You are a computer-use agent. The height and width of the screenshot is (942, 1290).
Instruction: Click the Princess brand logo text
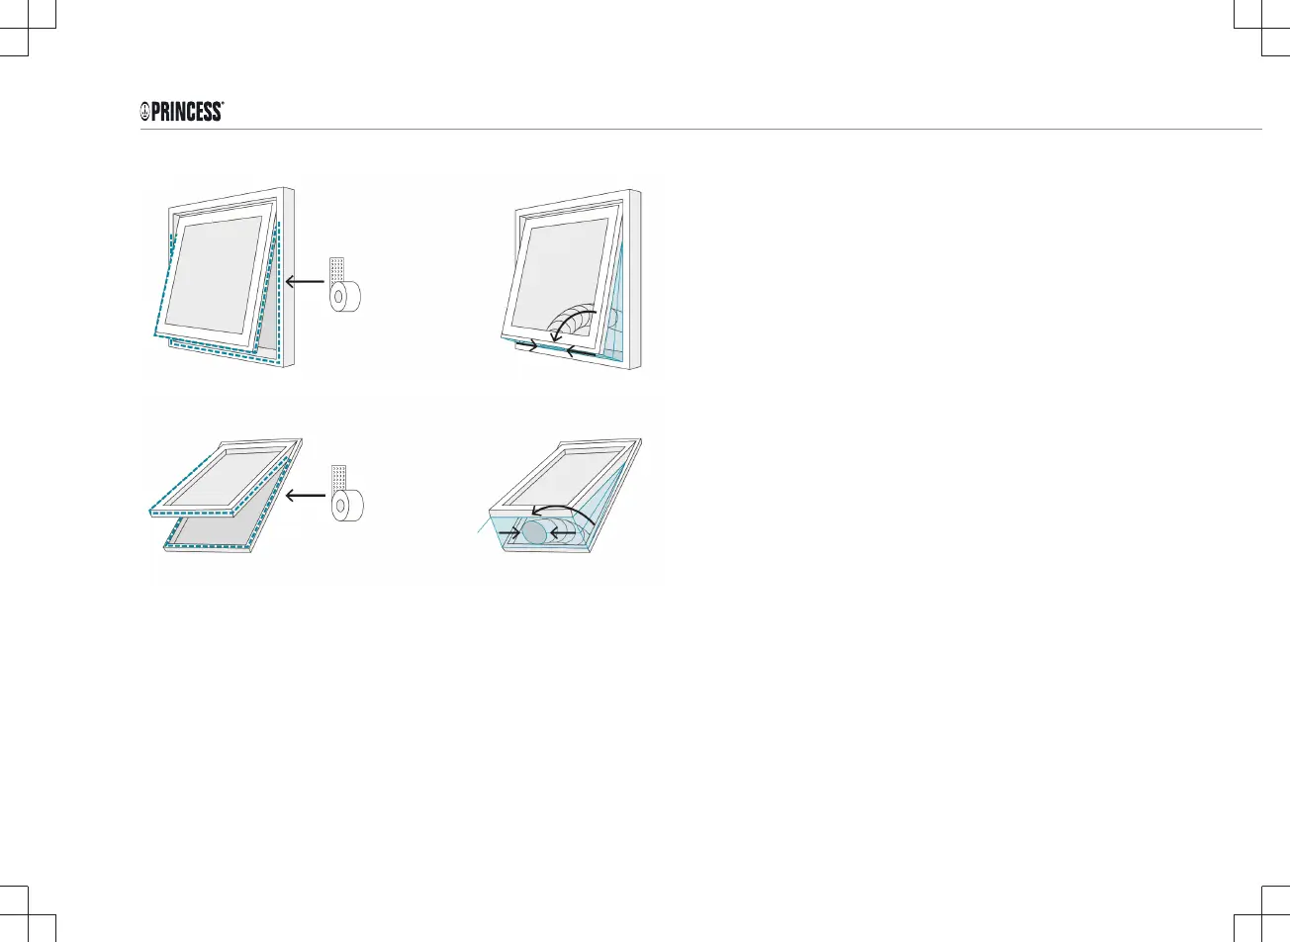(188, 112)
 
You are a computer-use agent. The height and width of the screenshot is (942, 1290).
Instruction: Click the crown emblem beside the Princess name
(144, 113)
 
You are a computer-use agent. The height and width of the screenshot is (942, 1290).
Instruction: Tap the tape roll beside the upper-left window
(347, 297)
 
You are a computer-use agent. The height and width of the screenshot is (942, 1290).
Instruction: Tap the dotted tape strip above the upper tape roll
(337, 269)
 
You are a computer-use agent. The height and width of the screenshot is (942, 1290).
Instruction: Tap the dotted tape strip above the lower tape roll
(338, 478)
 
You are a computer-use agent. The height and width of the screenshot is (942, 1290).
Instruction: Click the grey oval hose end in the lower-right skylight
(534, 531)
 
